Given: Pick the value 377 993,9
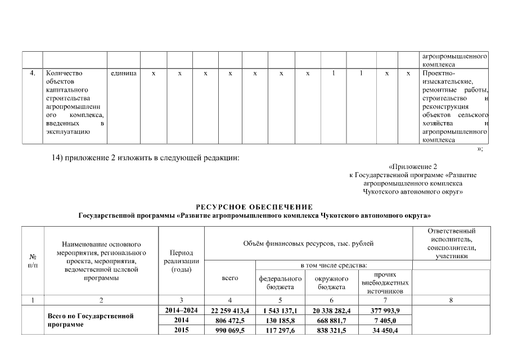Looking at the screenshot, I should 385,310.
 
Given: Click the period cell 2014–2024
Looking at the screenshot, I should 182,310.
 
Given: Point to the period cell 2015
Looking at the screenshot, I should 182,330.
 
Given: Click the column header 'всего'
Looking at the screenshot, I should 230,278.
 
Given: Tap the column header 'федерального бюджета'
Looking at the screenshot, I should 280,282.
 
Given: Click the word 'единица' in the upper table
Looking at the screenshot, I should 124,73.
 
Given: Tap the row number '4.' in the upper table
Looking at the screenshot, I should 33,73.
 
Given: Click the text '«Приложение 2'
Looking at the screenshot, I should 413,166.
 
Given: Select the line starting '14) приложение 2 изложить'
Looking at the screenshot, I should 146,157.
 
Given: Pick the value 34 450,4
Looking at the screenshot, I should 385,330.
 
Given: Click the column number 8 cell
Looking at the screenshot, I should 451,300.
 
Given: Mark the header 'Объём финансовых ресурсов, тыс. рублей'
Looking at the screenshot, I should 308,244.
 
